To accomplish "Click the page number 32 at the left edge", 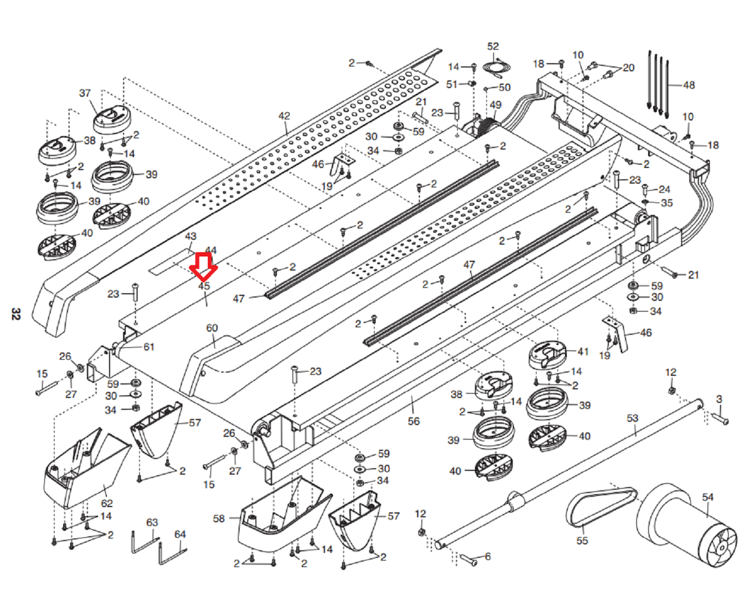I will (x=16, y=314).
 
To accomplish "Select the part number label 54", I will (x=708, y=497).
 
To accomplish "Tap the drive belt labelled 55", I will (x=600, y=505).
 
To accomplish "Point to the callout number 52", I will (x=493, y=46).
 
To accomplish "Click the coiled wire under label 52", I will (x=497, y=68).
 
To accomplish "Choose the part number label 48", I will (x=689, y=85).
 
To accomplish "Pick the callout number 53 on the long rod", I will (x=632, y=418).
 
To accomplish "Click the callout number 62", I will (x=107, y=503).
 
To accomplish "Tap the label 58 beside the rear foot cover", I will (x=219, y=518).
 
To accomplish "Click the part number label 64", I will (x=180, y=534).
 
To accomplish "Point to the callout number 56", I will (x=413, y=421).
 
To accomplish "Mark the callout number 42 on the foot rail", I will (x=284, y=116).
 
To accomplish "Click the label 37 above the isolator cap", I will (x=85, y=93).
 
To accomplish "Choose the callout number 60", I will (x=212, y=328).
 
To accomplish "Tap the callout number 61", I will (x=149, y=347).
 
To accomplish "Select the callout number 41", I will (x=583, y=352).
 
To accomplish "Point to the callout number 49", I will (x=495, y=105).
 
